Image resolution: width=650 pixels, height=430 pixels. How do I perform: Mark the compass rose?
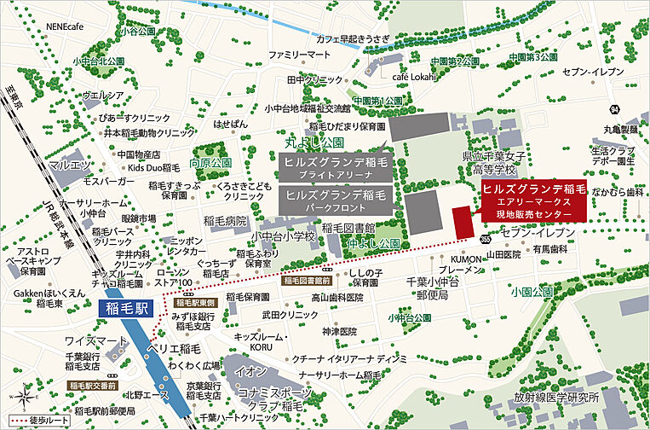[25, 396]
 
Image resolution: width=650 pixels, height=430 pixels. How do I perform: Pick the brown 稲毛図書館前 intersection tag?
[306, 280]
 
